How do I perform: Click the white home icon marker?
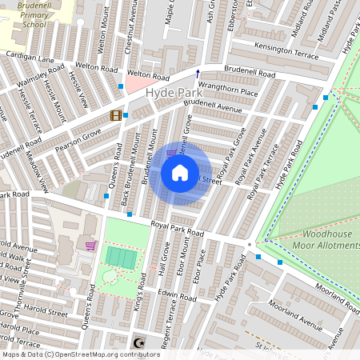180,172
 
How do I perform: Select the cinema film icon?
116,116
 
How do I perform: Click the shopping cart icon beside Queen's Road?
91,246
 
